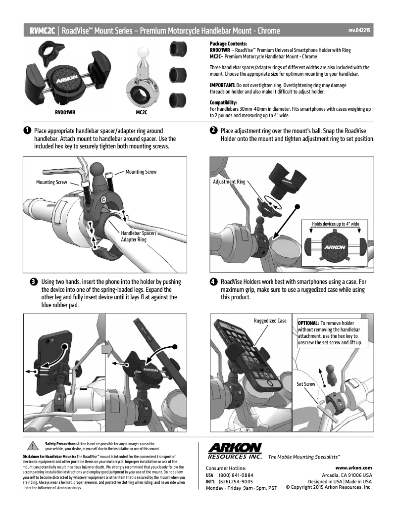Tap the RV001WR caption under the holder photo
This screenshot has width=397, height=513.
65,112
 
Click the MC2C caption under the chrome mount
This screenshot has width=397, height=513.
143,112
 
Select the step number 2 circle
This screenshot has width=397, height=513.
213,131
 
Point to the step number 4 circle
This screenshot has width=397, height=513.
213,281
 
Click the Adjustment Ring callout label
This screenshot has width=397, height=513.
229,182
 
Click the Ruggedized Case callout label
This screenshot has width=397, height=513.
270,321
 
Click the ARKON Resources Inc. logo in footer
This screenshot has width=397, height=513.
235,451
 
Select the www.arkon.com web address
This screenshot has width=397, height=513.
353,467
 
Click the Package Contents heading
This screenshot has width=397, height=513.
228,44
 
